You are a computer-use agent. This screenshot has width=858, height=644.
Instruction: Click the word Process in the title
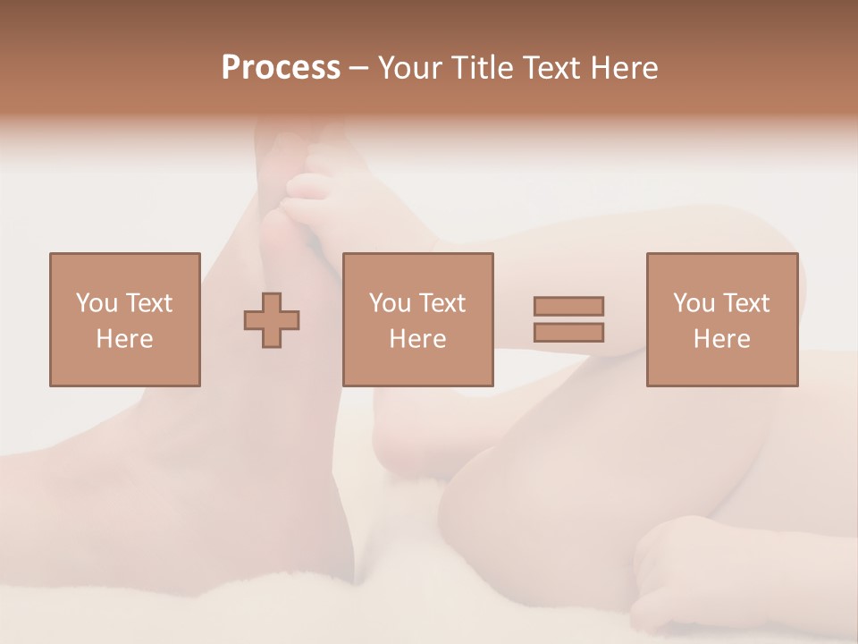tap(281, 68)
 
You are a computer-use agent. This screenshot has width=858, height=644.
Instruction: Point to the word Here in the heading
tap(625, 68)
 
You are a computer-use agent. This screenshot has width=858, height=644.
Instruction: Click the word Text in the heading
tap(551, 68)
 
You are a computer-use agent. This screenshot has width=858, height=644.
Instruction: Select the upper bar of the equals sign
tap(568, 306)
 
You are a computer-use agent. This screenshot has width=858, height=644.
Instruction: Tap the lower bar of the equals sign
tap(568, 332)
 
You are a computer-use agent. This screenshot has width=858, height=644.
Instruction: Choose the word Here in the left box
tap(124, 339)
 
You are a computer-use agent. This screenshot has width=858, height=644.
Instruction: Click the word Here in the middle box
tap(417, 339)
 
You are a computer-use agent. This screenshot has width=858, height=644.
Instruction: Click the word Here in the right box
tap(721, 339)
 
